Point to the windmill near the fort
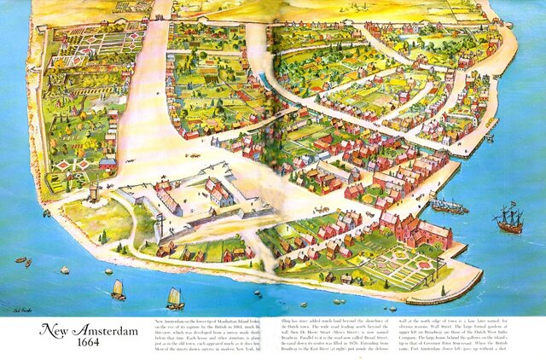click(92, 190)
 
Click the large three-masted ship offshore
click(508, 219)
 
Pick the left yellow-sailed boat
click(118, 289)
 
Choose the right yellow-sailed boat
click(175, 297)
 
